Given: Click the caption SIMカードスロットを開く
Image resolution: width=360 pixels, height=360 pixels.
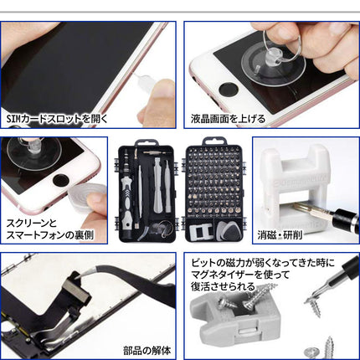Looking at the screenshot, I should [57, 118].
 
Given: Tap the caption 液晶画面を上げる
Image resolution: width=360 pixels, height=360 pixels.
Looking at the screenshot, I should [237, 118].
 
